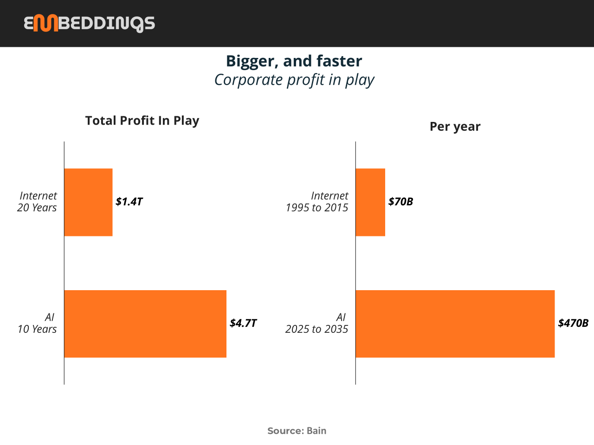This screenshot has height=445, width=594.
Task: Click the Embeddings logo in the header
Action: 89,24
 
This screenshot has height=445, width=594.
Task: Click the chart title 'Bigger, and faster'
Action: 294,61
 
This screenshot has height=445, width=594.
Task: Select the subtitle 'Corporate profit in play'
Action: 294,80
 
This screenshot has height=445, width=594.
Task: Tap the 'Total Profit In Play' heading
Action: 142,121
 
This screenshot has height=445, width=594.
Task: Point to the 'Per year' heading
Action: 455,127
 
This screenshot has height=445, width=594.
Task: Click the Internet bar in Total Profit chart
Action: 89,203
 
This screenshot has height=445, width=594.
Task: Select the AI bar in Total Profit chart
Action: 145,324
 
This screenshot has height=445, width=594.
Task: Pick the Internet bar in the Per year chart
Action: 370,203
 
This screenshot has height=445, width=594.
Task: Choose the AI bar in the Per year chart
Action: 455,324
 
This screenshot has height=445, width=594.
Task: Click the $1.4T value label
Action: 129,202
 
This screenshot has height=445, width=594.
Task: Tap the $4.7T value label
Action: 243,323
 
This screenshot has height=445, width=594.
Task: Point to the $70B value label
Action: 401,202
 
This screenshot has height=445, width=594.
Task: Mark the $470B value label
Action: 573,323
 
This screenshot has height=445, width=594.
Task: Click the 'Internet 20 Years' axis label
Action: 37,202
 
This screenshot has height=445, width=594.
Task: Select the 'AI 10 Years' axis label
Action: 37,323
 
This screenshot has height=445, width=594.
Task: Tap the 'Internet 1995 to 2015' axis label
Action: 317,202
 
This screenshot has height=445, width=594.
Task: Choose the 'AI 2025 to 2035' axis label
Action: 316,323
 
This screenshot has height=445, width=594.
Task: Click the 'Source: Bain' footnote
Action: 297,431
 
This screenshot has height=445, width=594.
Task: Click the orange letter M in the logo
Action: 45,23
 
